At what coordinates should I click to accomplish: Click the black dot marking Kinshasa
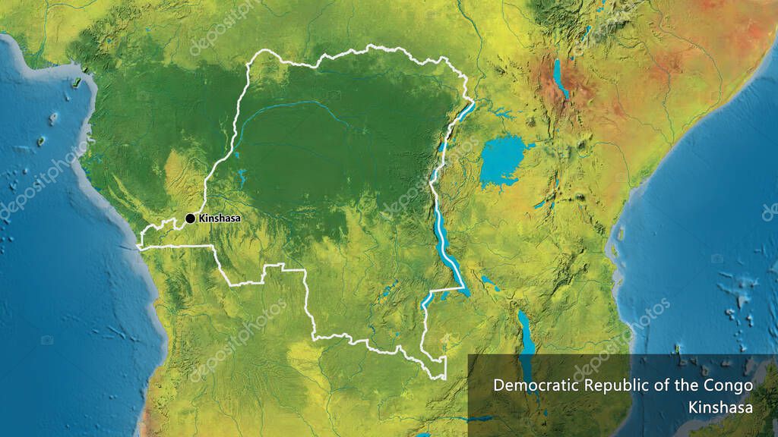[190, 218]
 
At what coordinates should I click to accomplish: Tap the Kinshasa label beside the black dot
[219, 218]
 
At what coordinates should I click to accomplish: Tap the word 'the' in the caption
[685, 385]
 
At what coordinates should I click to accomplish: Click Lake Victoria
[501, 161]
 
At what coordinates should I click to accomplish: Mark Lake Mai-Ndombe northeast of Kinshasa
[241, 178]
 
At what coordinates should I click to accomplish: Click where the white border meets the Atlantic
[139, 246]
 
